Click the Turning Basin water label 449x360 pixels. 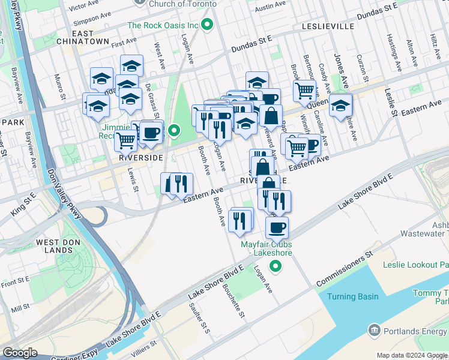click(x=353, y=296)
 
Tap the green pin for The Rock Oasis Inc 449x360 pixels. click(x=208, y=25)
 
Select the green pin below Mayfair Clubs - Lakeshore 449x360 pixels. click(x=276, y=266)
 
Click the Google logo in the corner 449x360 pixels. click(x=20, y=353)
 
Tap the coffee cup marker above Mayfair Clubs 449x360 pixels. click(x=277, y=228)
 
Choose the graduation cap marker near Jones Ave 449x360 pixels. click(x=340, y=105)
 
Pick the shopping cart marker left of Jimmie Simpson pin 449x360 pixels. click(x=126, y=141)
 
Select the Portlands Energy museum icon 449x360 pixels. click(x=375, y=330)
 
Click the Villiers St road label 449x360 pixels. click(x=143, y=347)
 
